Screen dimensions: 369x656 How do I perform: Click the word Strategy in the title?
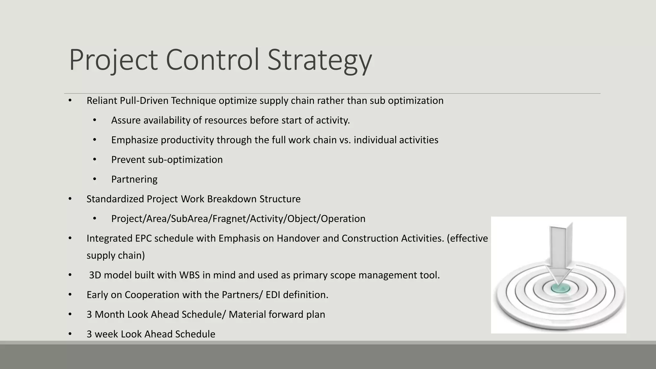coord(319,60)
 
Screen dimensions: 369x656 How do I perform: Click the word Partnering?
coord(134,179)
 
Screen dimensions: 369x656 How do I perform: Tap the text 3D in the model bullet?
coord(95,275)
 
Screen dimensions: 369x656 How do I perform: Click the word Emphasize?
coord(135,140)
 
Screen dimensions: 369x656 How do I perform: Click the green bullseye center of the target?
coord(560,288)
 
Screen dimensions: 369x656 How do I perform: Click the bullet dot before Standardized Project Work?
coord(70,199)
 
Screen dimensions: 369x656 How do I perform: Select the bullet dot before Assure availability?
coord(94,120)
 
